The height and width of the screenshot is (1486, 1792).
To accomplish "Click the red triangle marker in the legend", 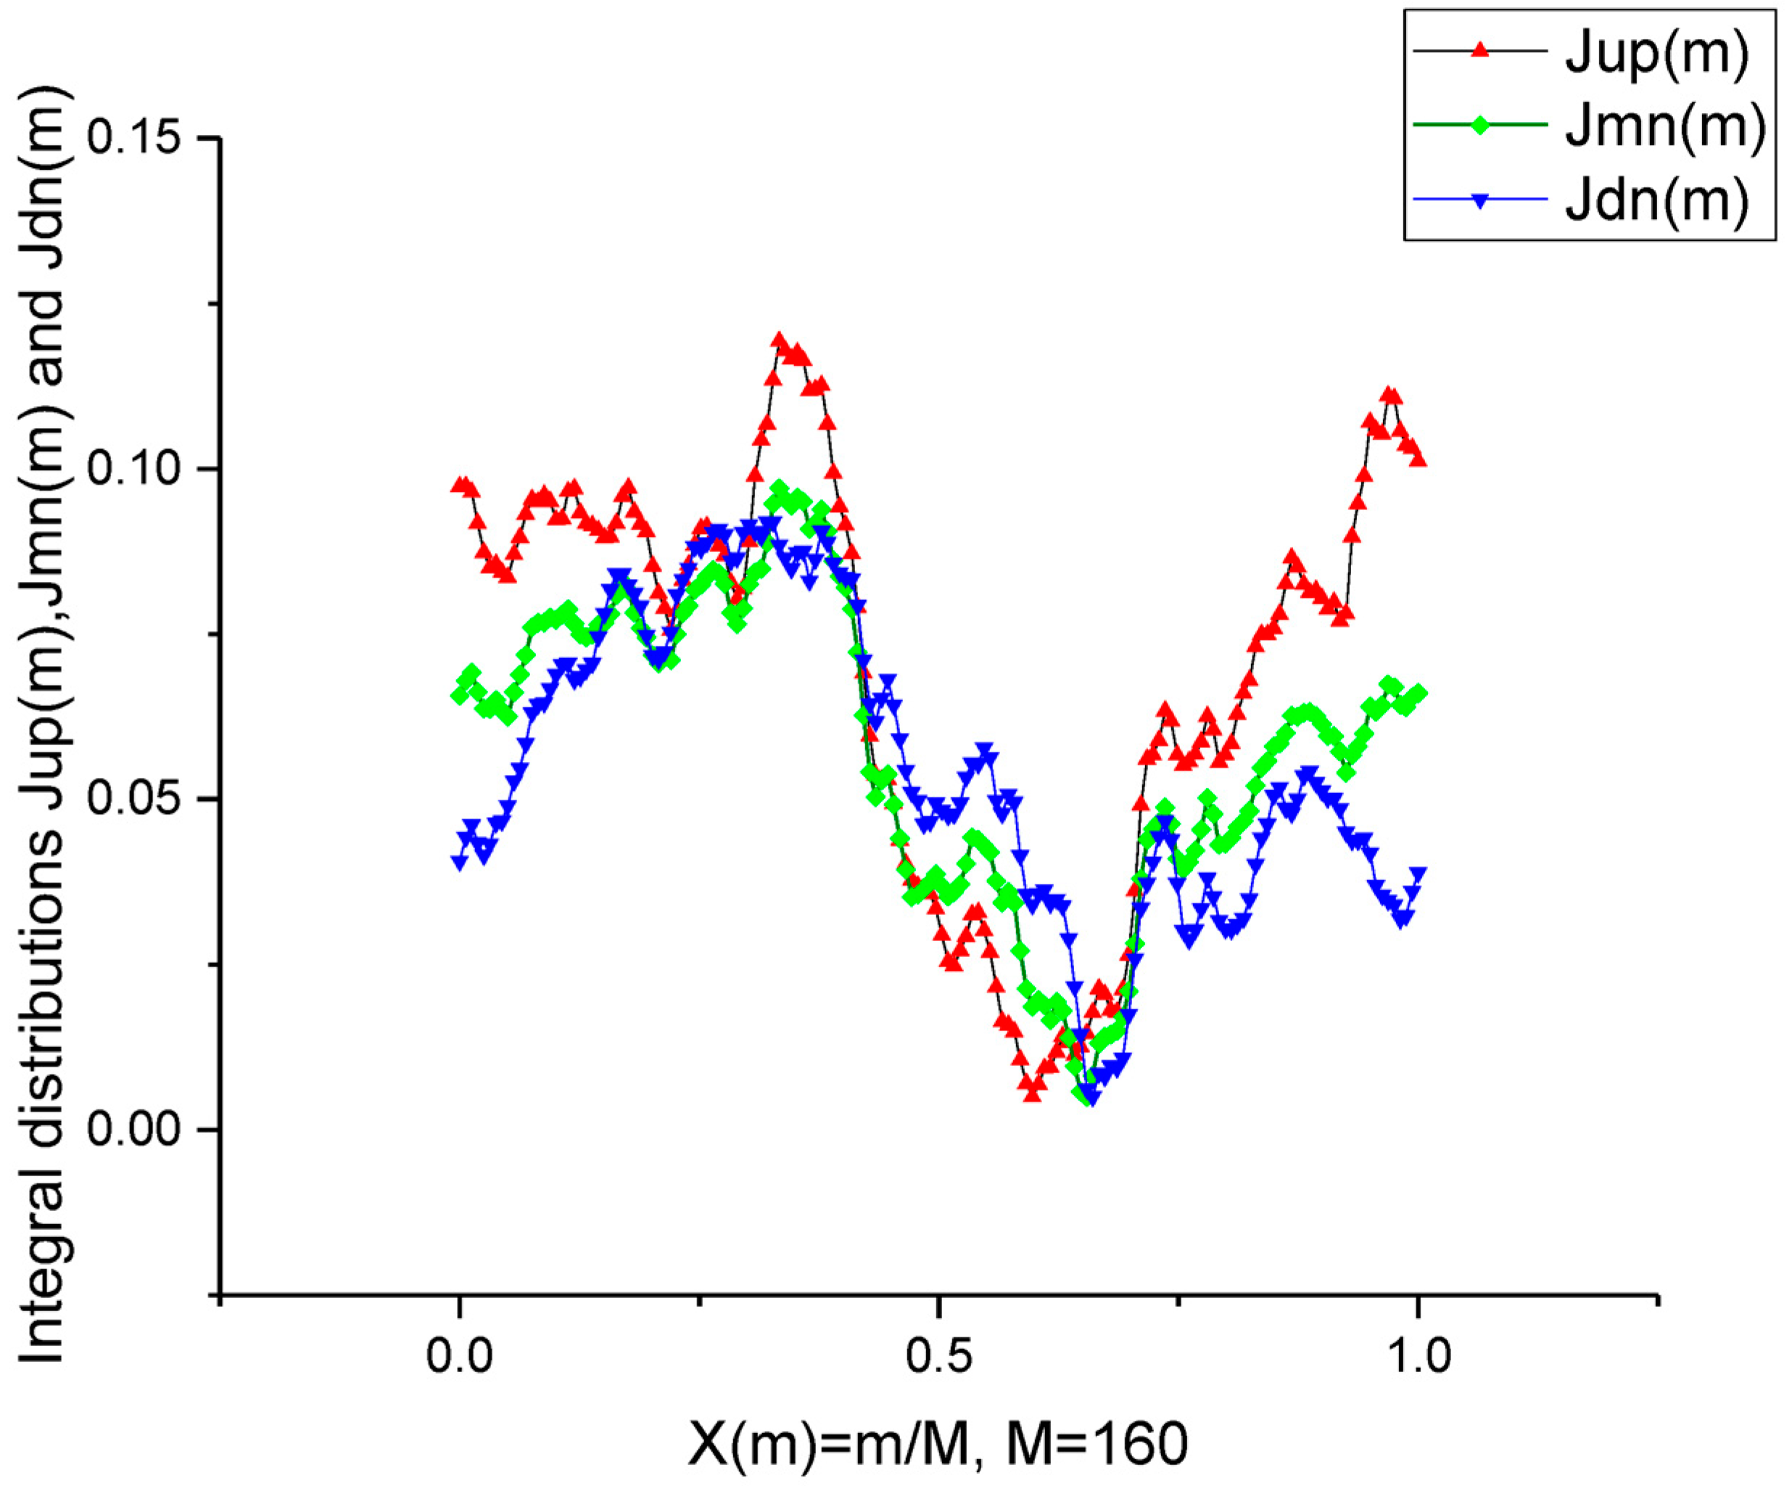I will click(1481, 52).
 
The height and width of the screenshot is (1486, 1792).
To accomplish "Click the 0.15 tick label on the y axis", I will click(143, 139).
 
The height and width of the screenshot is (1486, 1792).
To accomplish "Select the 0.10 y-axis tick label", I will click(143, 469).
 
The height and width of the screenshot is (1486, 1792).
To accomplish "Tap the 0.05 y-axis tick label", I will click(143, 799).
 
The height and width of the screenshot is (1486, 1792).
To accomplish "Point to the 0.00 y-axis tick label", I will click(143, 1128).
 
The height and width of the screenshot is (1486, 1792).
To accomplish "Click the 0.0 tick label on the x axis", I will click(460, 1355).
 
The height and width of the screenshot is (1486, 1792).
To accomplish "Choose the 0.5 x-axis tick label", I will click(938, 1355).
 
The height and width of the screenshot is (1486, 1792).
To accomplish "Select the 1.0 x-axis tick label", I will click(1417, 1355).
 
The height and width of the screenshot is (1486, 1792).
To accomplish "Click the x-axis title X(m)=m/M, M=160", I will click(938, 1444).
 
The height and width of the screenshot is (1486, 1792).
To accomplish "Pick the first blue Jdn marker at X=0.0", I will click(460, 862).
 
